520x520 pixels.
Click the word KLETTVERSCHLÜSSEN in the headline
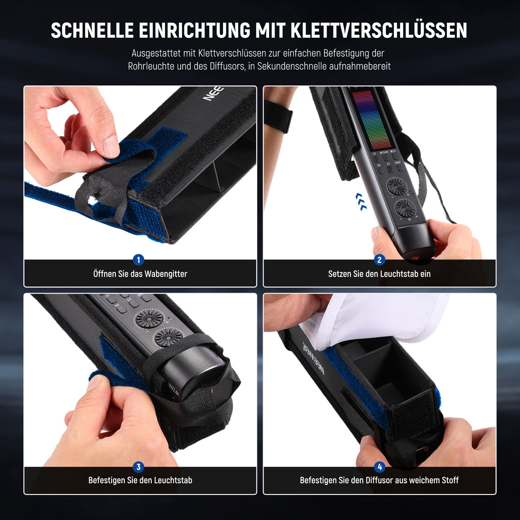[379, 31]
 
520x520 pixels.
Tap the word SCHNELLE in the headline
[92, 31]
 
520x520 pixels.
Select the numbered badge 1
[138, 260]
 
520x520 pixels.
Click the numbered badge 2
[379, 260]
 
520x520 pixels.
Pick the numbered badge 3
[138, 467]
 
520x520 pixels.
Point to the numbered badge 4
[380, 467]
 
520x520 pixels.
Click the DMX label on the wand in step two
[398, 162]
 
